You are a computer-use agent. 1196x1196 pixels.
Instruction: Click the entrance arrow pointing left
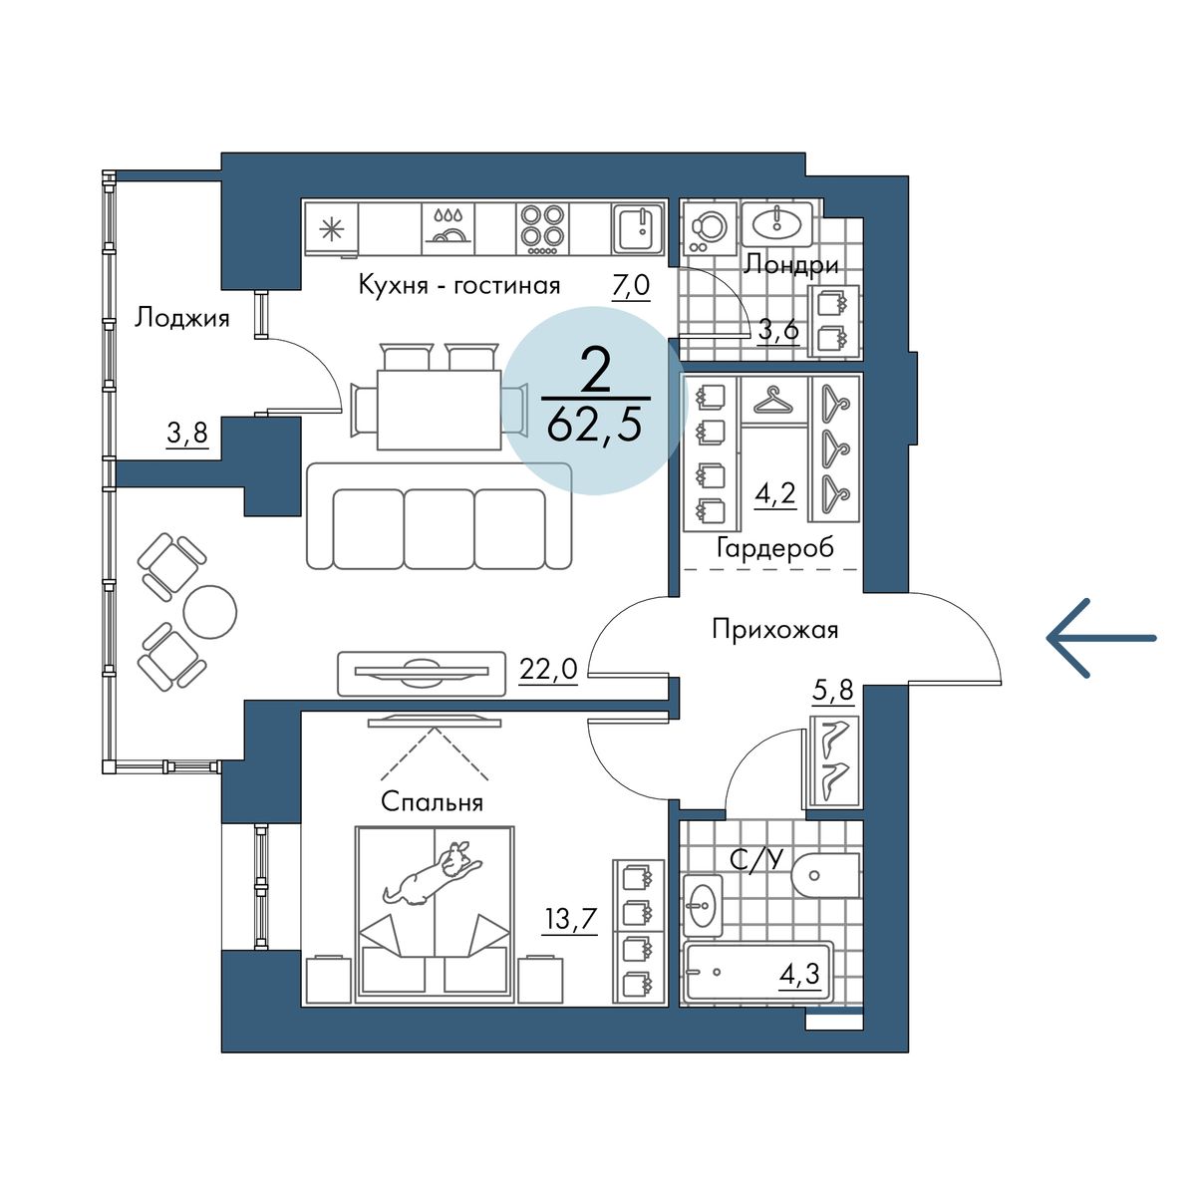coord(1100,638)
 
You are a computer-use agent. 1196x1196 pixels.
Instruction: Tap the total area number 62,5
coord(596,426)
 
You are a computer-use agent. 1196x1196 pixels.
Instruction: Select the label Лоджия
coord(182,318)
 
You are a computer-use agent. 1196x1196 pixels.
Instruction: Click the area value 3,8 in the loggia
coord(187,434)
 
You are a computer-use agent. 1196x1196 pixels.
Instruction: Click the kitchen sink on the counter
coord(637,228)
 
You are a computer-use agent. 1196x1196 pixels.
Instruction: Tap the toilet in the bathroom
coord(823,876)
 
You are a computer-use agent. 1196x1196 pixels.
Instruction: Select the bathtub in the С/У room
coord(757,972)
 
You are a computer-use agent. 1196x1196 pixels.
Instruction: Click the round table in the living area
coord(209,612)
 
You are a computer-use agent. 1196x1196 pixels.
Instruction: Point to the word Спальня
coord(433,802)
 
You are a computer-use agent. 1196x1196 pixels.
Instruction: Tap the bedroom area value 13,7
coord(570,918)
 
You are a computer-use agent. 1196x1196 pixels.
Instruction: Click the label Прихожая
coord(774,630)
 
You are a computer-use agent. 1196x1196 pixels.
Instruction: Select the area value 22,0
coord(548,669)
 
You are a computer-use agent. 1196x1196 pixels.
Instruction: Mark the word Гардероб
coord(774,548)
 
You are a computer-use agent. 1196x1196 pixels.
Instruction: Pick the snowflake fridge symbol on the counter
coord(330,228)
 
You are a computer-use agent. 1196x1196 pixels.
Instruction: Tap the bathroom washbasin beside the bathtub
coord(703,905)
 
